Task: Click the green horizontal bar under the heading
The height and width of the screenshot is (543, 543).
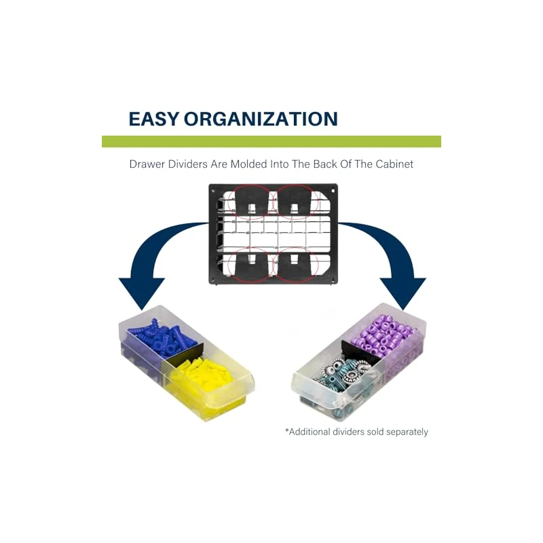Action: pyautogui.click(x=271, y=141)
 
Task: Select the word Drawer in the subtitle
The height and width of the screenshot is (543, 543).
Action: pyautogui.click(x=146, y=164)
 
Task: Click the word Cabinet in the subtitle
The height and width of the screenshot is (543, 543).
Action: pyautogui.click(x=392, y=164)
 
